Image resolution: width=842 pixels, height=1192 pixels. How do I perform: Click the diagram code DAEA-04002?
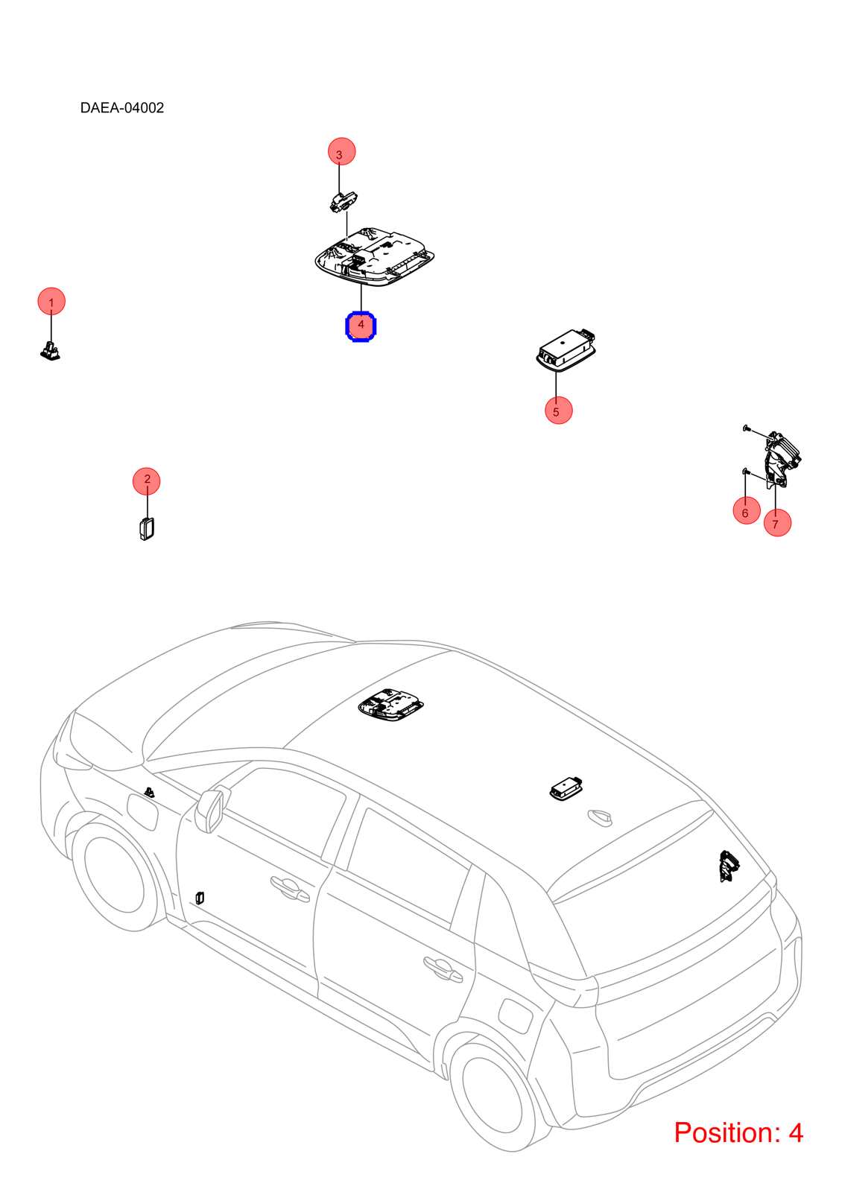pyautogui.click(x=122, y=108)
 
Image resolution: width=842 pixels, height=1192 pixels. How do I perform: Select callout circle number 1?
pyautogui.click(x=51, y=301)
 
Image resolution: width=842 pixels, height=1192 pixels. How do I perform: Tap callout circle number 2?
pyautogui.click(x=146, y=481)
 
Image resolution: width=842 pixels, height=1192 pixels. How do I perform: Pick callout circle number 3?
pyautogui.click(x=342, y=152)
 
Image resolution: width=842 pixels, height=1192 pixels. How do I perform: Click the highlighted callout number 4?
pyautogui.click(x=361, y=326)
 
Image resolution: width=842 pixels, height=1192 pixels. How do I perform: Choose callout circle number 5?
pyautogui.click(x=559, y=410)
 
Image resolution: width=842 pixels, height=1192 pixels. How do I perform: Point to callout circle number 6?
pyautogui.click(x=747, y=510)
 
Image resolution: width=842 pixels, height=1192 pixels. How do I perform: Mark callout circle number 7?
pyautogui.click(x=778, y=522)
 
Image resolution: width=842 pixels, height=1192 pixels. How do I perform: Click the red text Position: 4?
pyautogui.click(x=738, y=1132)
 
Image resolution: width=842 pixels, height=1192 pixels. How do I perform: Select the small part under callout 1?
pyautogui.click(x=51, y=350)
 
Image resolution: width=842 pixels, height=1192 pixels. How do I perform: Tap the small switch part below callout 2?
pyautogui.click(x=147, y=528)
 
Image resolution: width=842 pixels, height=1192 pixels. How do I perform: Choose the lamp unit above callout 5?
pyautogui.click(x=566, y=349)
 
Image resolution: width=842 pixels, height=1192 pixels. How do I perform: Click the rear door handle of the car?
pyautogui.click(x=443, y=968)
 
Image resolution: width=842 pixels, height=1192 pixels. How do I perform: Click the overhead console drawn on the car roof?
pyautogui.click(x=391, y=705)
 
